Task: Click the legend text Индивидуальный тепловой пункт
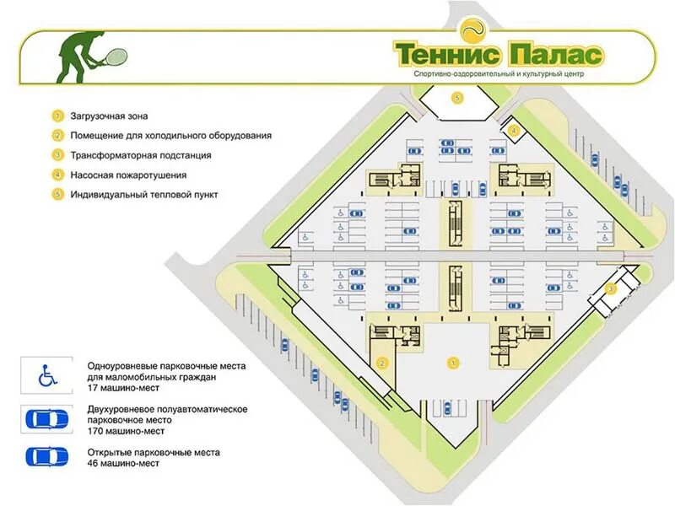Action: pos(144,195)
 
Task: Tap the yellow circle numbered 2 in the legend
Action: pos(58,135)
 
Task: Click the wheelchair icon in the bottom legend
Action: pos(46,376)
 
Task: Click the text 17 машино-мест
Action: pos(122,387)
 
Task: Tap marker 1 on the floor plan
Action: pos(453,363)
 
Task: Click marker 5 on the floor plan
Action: pos(457,98)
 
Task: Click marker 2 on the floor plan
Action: pos(382,364)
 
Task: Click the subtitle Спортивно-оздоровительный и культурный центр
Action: pos(499,74)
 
